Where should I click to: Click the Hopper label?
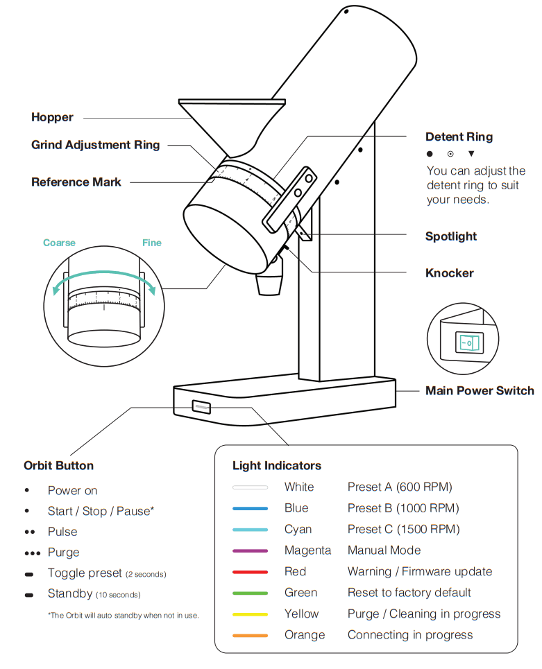pyautogui.click(x=52, y=117)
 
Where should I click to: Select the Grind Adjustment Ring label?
pyautogui.click(x=96, y=145)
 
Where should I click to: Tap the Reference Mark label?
pyautogui.click(x=76, y=182)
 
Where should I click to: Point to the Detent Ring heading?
pyautogui.click(x=459, y=137)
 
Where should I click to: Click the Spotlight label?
pyautogui.click(x=451, y=236)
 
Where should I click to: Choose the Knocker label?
pyautogui.click(x=449, y=273)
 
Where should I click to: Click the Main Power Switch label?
pyautogui.click(x=480, y=391)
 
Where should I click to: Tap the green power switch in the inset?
pyautogui.click(x=467, y=342)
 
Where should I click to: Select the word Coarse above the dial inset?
pyautogui.click(x=59, y=243)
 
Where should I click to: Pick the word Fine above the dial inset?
pyautogui.click(x=151, y=243)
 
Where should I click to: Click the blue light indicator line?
pyautogui.click(x=250, y=509)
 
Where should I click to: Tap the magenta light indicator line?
pyautogui.click(x=250, y=551)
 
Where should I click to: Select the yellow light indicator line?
pyautogui.click(x=250, y=614)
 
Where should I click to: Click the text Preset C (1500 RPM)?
pyautogui.click(x=403, y=529)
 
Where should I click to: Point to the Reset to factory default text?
pyautogui.click(x=409, y=593)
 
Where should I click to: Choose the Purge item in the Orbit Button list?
pyautogui.click(x=63, y=553)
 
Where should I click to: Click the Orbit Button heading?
pyautogui.click(x=58, y=465)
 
